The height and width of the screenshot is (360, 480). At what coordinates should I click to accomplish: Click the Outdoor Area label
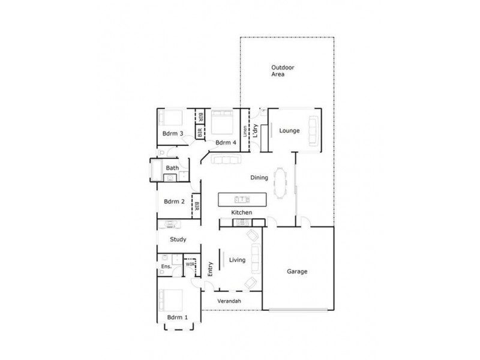pyautogui.click(x=281, y=71)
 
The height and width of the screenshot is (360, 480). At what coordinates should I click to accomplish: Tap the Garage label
pyautogui.click(x=296, y=271)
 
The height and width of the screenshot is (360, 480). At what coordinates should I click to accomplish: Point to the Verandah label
pyautogui.click(x=229, y=300)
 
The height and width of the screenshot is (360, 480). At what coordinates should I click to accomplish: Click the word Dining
pyautogui.click(x=259, y=178)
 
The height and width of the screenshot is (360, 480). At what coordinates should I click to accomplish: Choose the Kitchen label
pyautogui.click(x=242, y=213)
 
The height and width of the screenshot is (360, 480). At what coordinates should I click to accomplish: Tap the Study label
pyautogui.click(x=178, y=239)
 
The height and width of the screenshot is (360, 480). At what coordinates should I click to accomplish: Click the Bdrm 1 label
pyautogui.click(x=177, y=317)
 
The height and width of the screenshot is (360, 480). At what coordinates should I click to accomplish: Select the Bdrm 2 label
pyautogui.click(x=174, y=202)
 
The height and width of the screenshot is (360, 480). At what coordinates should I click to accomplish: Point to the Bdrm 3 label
pyautogui.click(x=172, y=133)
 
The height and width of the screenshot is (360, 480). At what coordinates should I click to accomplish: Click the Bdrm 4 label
pyautogui.click(x=226, y=142)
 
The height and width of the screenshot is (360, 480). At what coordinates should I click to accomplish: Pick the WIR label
pyautogui.click(x=190, y=263)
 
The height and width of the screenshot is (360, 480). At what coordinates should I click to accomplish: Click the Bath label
pyautogui.click(x=172, y=168)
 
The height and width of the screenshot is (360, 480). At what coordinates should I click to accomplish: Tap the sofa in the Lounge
pyautogui.click(x=312, y=131)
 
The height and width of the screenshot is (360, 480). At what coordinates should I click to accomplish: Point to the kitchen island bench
pyautogui.click(x=241, y=199)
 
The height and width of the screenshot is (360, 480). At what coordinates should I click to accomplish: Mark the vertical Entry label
pyautogui.click(x=211, y=271)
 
